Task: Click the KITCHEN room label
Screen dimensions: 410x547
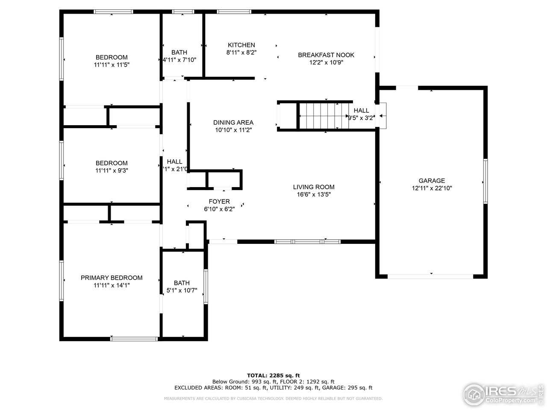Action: pyautogui.click(x=241, y=45)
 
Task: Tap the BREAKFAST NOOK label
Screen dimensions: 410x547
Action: pyautogui.click(x=326, y=55)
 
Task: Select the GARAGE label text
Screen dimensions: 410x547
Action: pyautogui.click(x=432, y=181)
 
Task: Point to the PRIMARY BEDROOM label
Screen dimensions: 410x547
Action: pyautogui.click(x=112, y=278)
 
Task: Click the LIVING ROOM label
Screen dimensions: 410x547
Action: pyautogui.click(x=314, y=187)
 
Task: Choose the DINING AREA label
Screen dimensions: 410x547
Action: pyautogui.click(x=233, y=123)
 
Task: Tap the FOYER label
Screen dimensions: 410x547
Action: pyautogui.click(x=219, y=202)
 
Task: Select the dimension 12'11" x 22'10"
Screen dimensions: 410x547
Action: pyautogui.click(x=432, y=188)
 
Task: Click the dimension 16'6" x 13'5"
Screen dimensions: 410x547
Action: pyautogui.click(x=314, y=194)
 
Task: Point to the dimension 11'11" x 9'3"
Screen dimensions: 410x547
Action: pyautogui.click(x=112, y=170)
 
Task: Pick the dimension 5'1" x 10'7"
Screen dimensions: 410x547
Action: pyautogui.click(x=182, y=290)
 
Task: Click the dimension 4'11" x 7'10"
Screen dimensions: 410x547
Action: pyautogui.click(x=179, y=60)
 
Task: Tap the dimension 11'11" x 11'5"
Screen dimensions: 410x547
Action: pyautogui.click(x=112, y=65)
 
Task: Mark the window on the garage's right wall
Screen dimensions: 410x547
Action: pyautogui.click(x=485, y=181)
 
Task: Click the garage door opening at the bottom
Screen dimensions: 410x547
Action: pyautogui.click(x=430, y=276)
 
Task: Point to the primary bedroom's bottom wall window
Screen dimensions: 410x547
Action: pyautogui.click(x=134, y=339)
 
